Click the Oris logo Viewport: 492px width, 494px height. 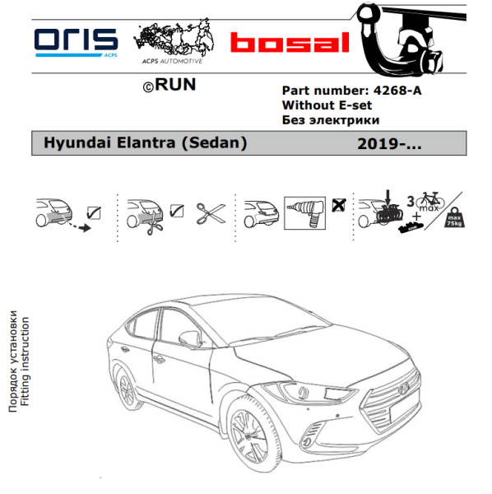tap(76, 43)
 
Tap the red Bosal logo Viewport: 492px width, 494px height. tap(290, 42)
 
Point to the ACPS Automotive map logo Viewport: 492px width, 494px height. tap(174, 40)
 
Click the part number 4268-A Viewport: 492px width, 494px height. tap(397, 91)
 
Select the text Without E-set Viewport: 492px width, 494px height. tap(327, 105)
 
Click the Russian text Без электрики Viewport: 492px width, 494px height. tap(331, 120)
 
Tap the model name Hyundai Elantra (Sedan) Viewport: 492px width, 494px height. tap(145, 142)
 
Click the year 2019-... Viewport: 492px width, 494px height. tap(389, 144)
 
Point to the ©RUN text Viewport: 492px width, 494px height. tap(169, 85)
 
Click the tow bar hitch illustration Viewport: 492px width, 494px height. tap(407, 40)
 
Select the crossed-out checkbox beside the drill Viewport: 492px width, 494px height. tap(339, 205)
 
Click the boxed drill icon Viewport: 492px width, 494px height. tap(304, 213)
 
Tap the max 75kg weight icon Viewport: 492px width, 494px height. tap(454, 217)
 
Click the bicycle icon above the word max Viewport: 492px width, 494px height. tap(430, 199)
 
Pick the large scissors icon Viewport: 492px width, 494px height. tap(211, 213)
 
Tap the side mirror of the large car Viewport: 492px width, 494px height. tap(190, 338)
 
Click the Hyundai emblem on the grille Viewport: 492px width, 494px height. tap(403, 389)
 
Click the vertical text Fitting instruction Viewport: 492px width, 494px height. tap(25, 361)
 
